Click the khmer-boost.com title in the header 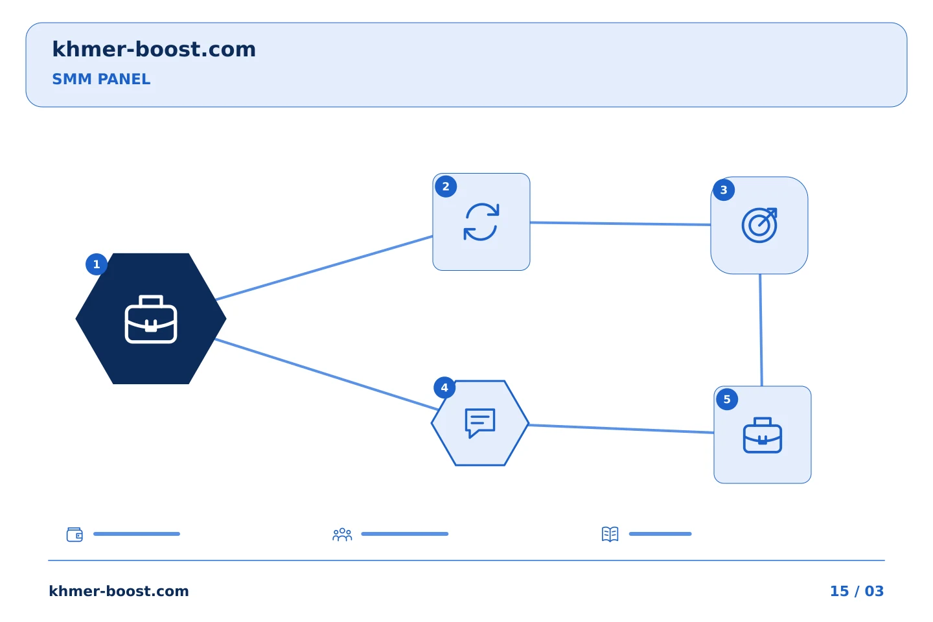pos(154,49)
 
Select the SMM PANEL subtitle pos(101,79)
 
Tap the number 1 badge pos(96,264)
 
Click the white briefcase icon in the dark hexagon pos(151,319)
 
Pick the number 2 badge pos(446,186)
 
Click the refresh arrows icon pos(481,222)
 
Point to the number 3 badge pos(724,190)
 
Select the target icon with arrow pos(759,225)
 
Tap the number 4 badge pos(444,388)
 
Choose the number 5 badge pos(727,399)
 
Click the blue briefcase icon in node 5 pos(762,435)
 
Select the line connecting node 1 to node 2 pos(324,268)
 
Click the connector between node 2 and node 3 pos(620,224)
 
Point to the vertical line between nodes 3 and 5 pos(761,330)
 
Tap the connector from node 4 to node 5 pos(621,429)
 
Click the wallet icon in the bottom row pos(75,534)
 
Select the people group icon pos(342,534)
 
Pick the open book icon pos(610,534)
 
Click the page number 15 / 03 pos(857,591)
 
